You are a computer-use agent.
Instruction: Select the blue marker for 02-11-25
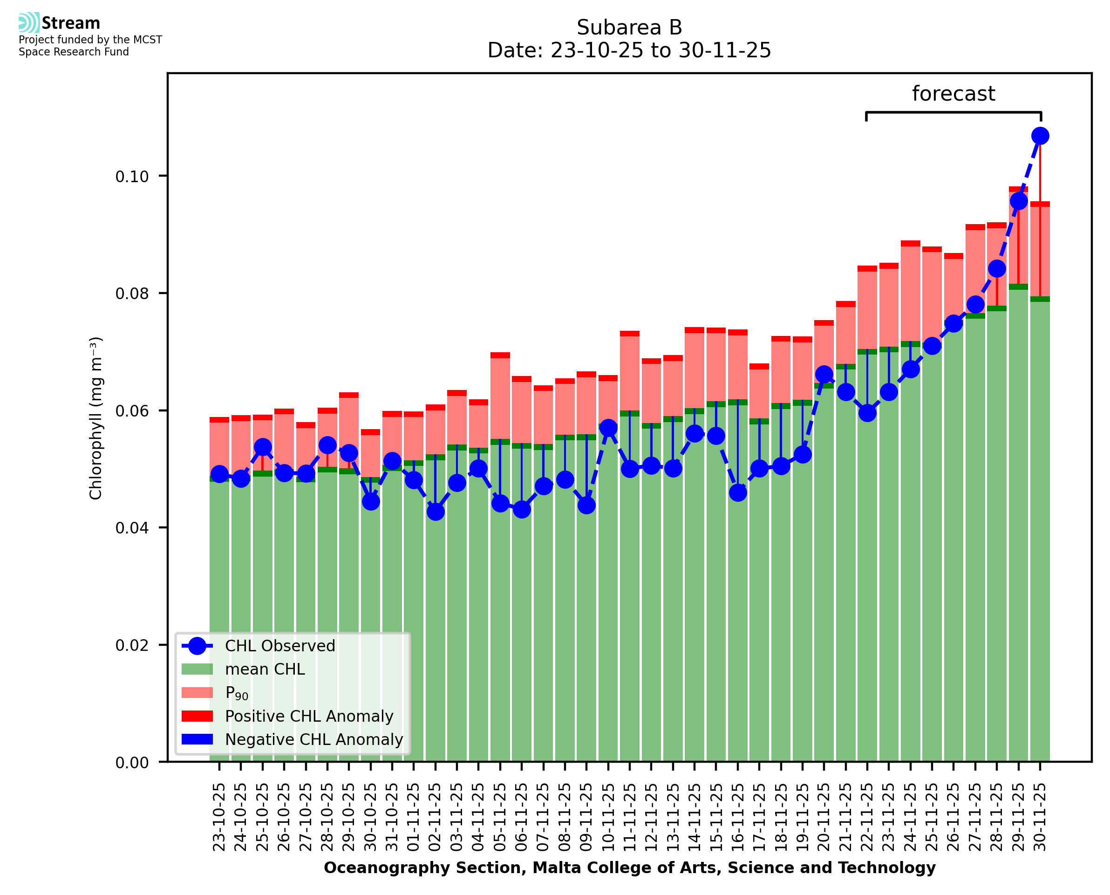436,512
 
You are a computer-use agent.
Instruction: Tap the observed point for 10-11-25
608,427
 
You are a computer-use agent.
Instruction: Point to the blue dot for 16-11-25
737,492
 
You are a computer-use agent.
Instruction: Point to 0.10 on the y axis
131,176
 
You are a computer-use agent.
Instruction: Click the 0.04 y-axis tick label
131,528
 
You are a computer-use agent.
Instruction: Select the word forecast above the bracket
953,94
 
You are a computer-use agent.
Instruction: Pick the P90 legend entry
237,693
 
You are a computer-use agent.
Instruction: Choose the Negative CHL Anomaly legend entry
314,739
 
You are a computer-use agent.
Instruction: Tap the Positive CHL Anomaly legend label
309,716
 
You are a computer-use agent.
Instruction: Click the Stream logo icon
29,23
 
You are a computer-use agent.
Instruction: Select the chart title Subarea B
629,27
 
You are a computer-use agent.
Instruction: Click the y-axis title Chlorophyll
96,417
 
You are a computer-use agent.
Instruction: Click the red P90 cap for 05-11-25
500,355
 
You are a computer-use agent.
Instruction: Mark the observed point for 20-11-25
824,374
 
